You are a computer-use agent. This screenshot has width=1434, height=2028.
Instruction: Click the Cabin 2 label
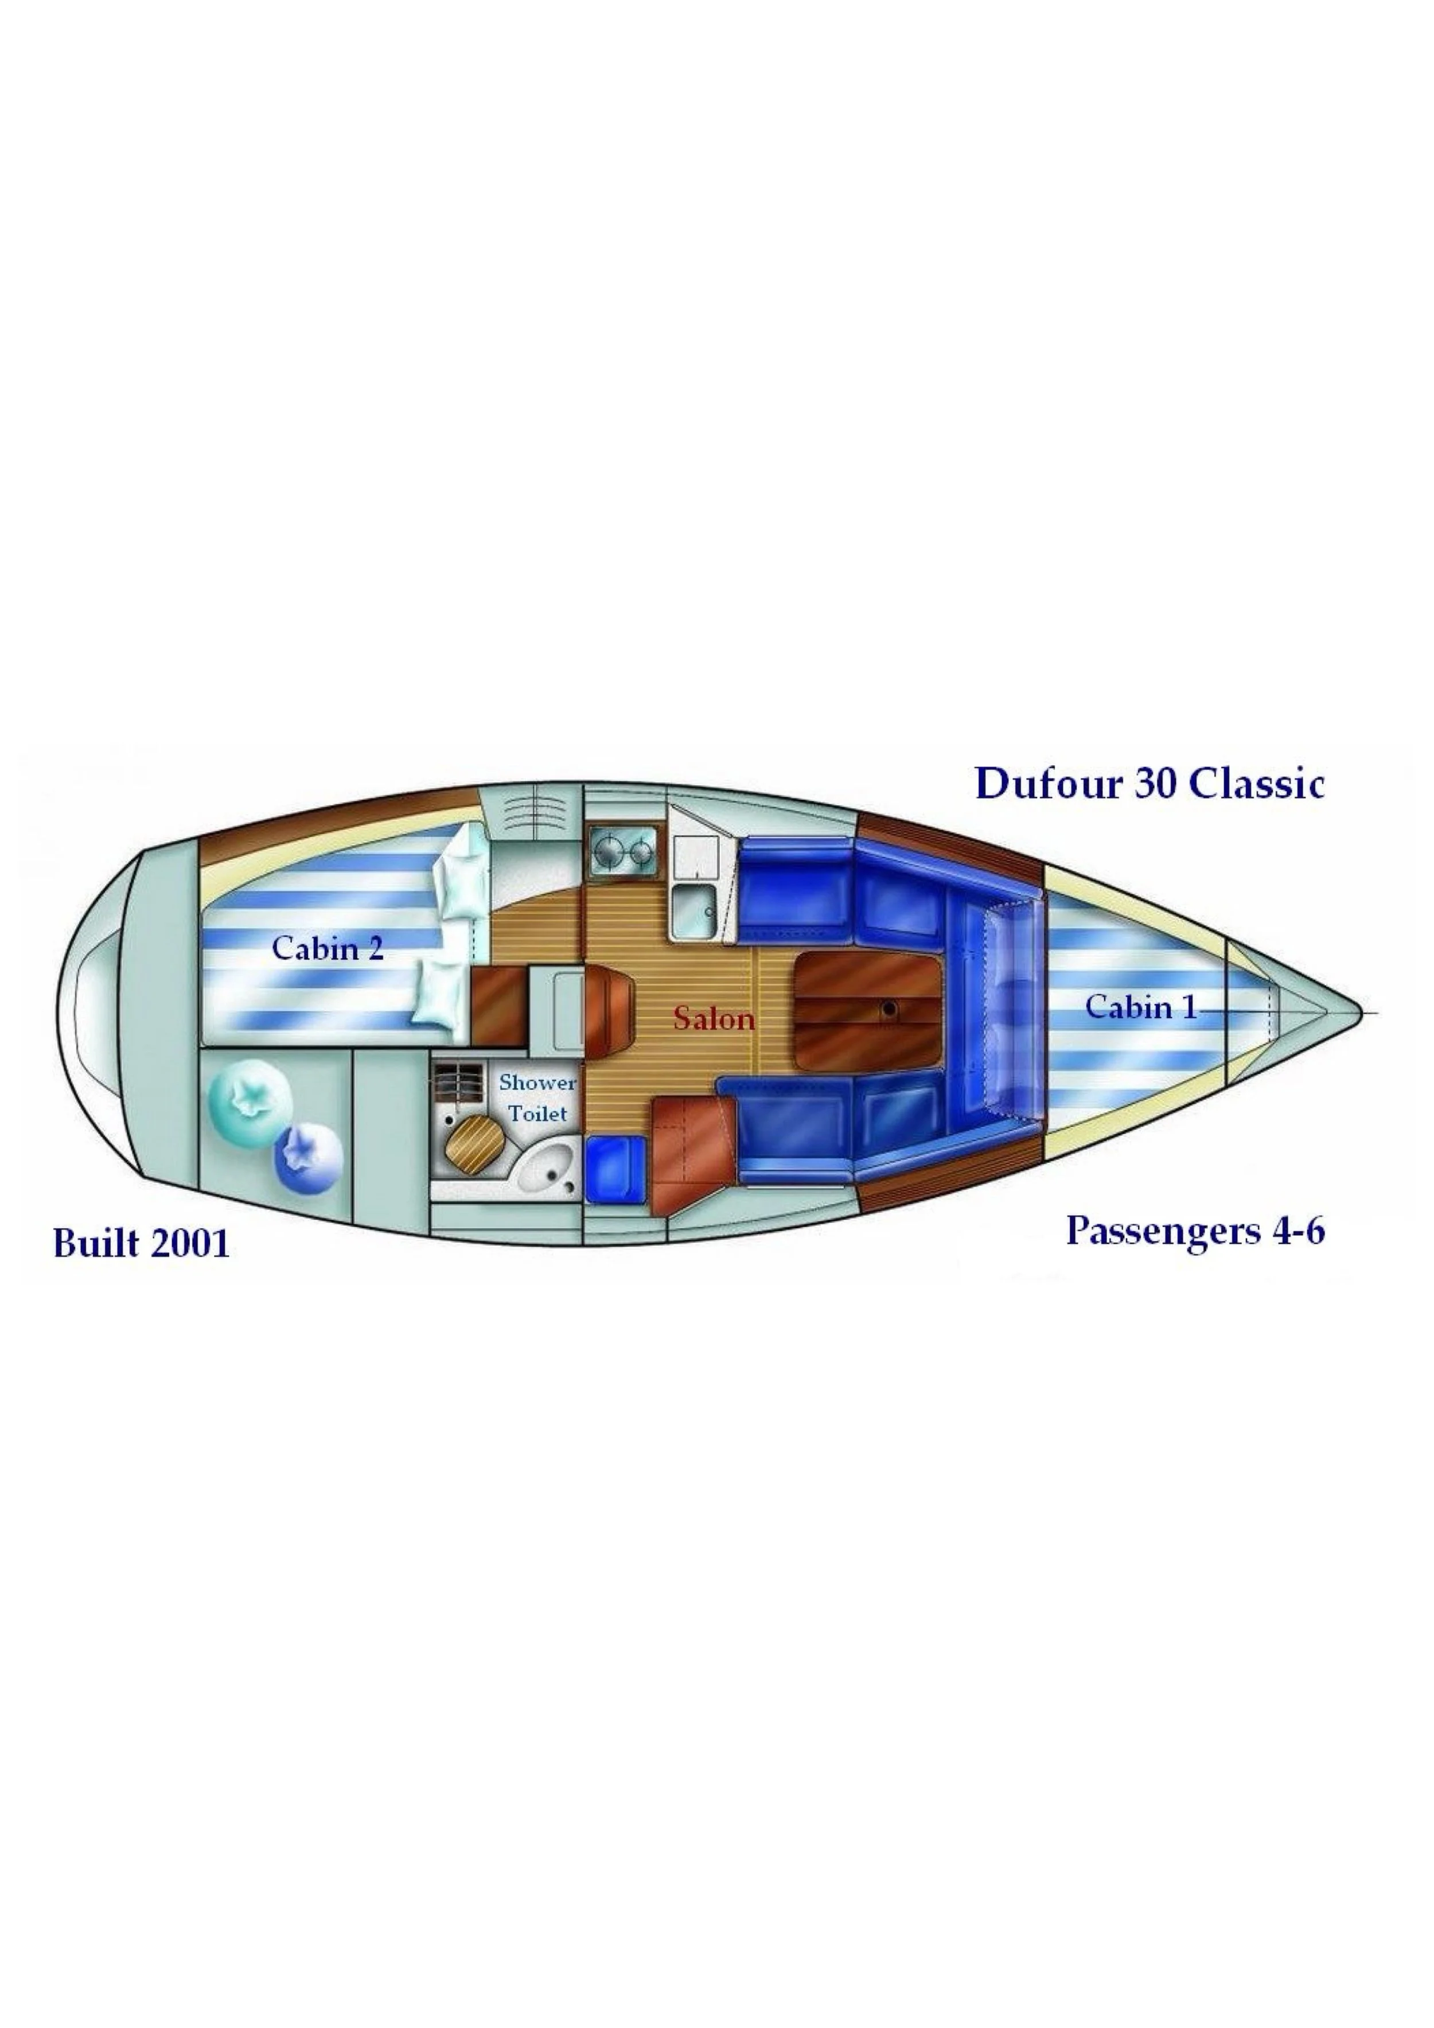(x=328, y=949)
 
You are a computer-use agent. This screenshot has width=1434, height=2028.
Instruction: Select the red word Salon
(x=714, y=1020)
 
